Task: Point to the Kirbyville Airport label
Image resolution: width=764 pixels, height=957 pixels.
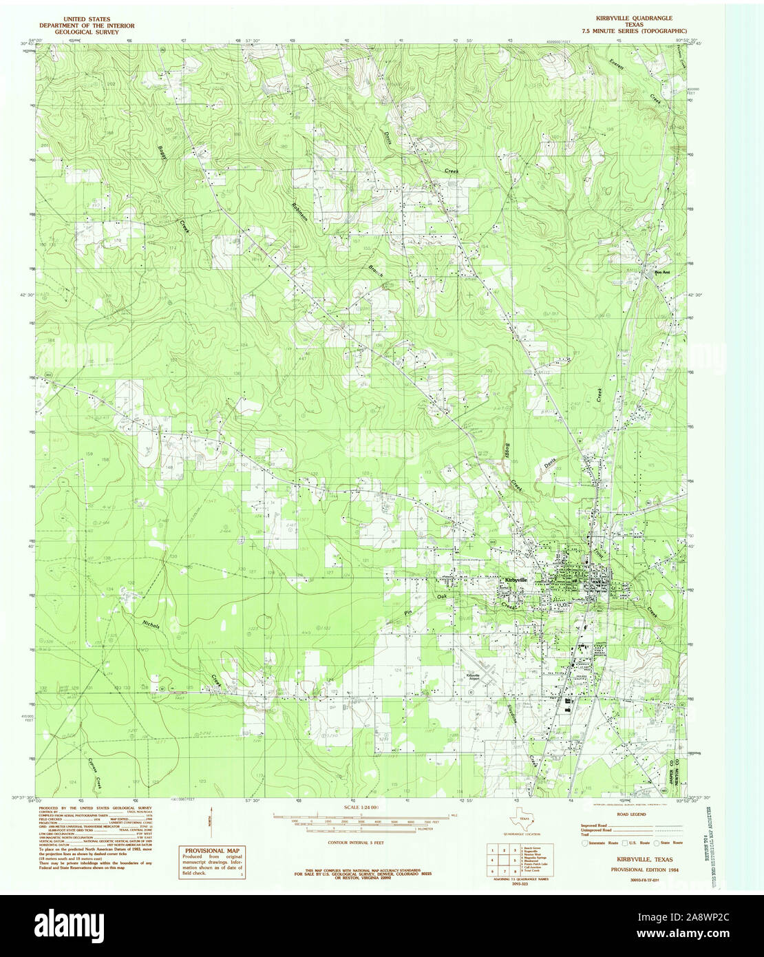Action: coord(473,677)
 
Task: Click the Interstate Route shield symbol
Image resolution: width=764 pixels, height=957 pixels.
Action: coord(586,843)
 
